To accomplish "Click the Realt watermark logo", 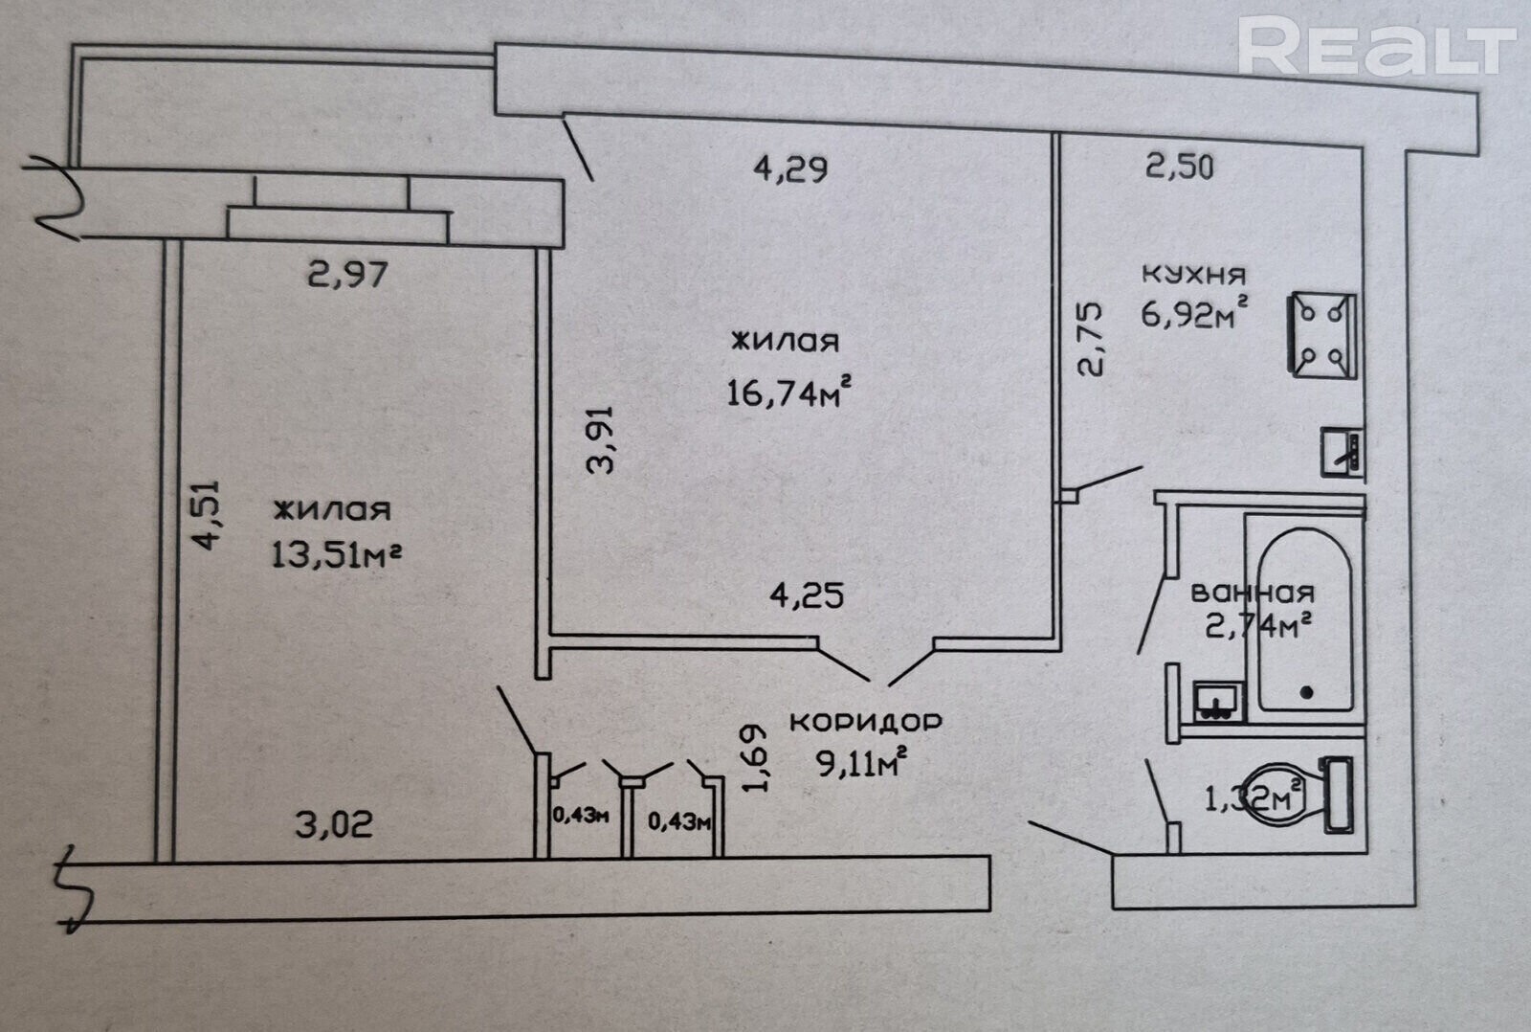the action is click(1377, 45).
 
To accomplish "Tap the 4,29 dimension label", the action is click(790, 168).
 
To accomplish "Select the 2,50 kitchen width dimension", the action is click(1179, 167).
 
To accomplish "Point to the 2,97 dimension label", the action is click(348, 275).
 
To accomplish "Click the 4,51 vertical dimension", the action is click(206, 515).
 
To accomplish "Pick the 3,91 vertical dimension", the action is click(602, 439).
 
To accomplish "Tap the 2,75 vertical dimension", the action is click(1091, 339).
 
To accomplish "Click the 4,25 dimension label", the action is click(807, 595).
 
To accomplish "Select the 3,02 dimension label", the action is click(334, 825).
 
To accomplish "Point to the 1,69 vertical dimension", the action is click(755, 758).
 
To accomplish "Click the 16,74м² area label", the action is click(788, 393).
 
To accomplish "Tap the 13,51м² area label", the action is click(336, 554).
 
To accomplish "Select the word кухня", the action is click(1193, 274).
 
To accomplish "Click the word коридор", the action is click(866, 722).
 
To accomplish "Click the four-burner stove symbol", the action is click(1321, 335).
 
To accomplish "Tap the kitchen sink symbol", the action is click(1342, 452).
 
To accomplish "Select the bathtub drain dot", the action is click(1307, 693).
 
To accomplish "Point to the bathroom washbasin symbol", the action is click(1219, 701).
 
